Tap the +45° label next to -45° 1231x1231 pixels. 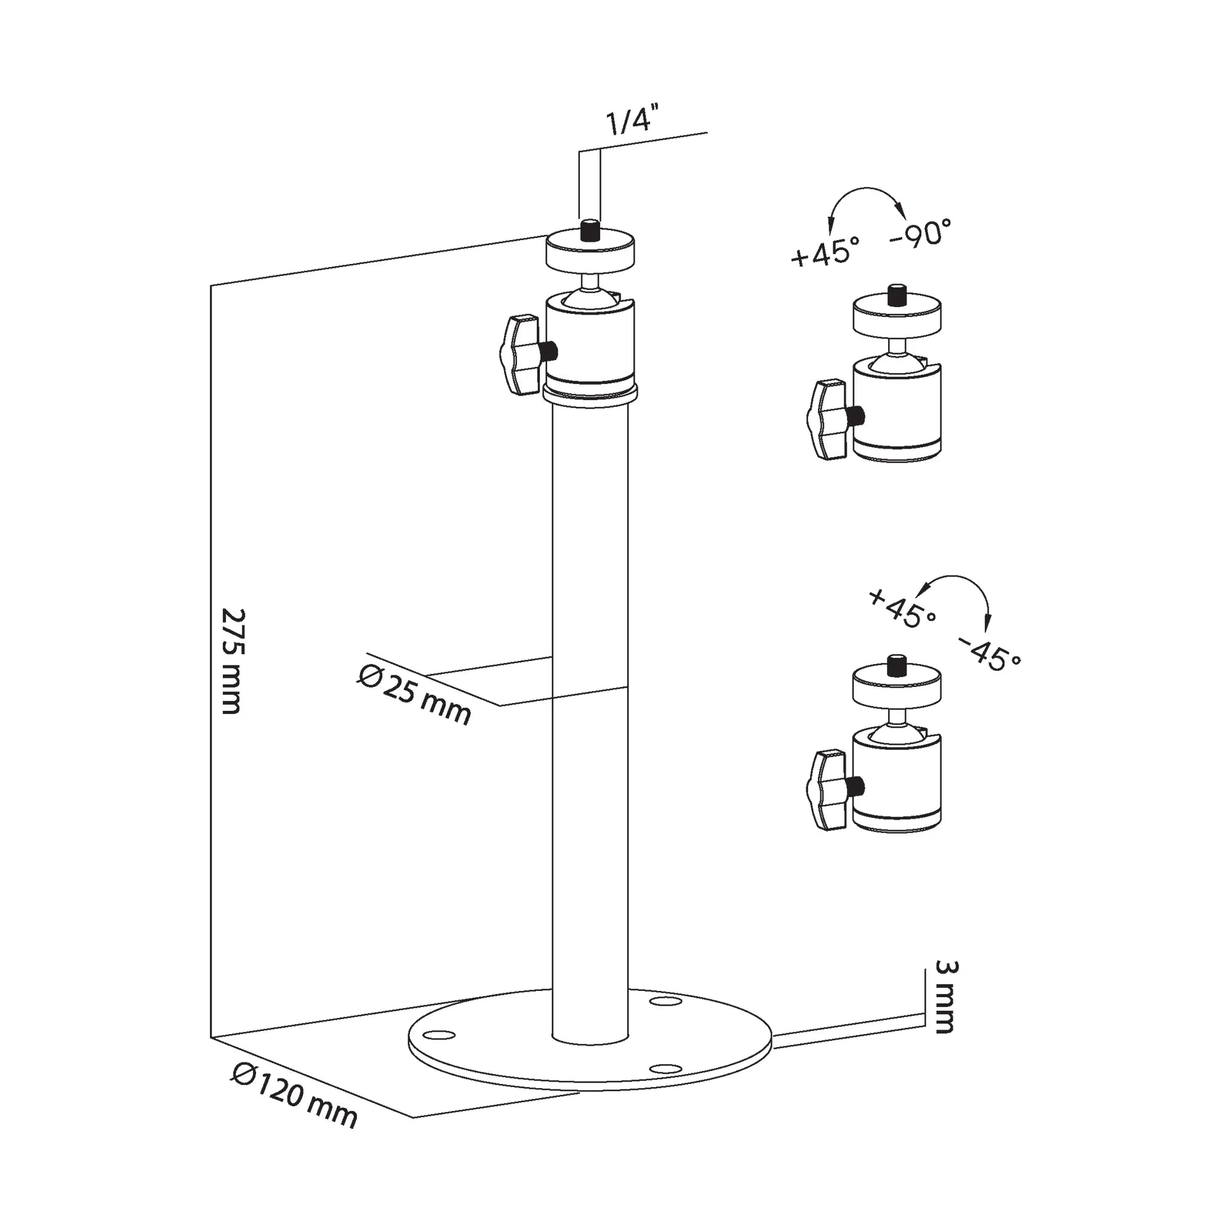pos(902,608)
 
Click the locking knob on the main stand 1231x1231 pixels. pos(519,355)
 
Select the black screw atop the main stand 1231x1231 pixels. pos(590,230)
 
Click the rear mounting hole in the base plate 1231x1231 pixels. pos(665,1001)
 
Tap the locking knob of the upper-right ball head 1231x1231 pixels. pos(827,419)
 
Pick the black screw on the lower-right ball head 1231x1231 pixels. pos(897,666)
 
